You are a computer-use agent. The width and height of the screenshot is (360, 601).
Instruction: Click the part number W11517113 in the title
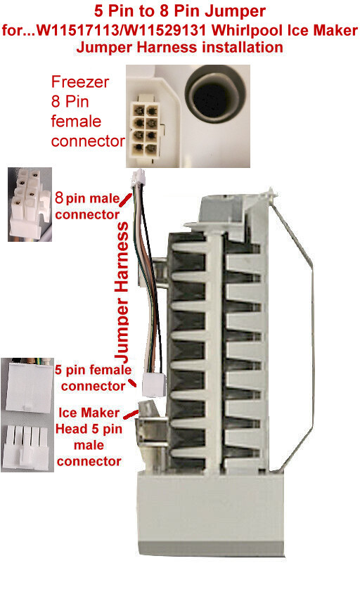pyautogui.click(x=76, y=30)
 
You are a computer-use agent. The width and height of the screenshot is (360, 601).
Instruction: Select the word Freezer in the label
pyautogui.click(x=79, y=82)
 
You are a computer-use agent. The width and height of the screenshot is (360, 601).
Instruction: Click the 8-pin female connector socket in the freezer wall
pyautogui.click(x=145, y=124)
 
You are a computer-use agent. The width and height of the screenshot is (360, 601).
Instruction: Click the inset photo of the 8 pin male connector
pyautogui.click(x=30, y=204)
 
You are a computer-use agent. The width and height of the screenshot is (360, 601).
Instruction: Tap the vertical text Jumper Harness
pyautogui.click(x=122, y=292)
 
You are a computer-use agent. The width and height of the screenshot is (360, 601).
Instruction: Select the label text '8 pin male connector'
pyautogui.click(x=87, y=206)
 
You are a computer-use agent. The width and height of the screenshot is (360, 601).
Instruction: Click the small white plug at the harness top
pyautogui.click(x=138, y=179)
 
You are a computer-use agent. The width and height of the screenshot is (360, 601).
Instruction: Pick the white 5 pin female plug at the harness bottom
pyautogui.click(x=154, y=384)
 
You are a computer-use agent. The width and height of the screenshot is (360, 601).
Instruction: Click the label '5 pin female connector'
pyautogui.click(x=93, y=377)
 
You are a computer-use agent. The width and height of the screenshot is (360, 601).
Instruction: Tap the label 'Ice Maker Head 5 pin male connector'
pyautogui.click(x=89, y=437)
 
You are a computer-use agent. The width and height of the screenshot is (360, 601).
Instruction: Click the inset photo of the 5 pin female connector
pyautogui.click(x=27, y=386)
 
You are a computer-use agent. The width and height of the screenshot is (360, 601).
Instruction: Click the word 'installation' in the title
pyautogui.click(x=243, y=47)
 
